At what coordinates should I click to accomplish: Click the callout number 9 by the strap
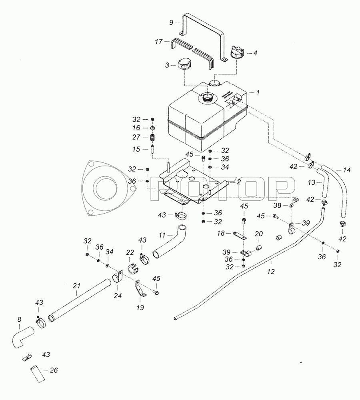(171, 22)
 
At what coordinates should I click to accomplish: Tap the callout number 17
(159, 41)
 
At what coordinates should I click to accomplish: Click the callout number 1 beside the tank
(258, 92)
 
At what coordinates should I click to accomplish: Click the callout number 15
(136, 149)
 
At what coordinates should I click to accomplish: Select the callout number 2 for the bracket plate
(238, 182)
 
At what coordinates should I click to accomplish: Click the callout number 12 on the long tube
(271, 272)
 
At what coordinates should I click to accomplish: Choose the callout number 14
(347, 170)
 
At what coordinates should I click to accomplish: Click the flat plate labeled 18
(239, 236)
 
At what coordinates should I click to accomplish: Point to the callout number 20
(259, 234)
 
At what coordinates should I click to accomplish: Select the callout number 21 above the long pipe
(76, 286)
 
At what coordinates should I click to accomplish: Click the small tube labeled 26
(38, 374)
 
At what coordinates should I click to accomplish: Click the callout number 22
(130, 252)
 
